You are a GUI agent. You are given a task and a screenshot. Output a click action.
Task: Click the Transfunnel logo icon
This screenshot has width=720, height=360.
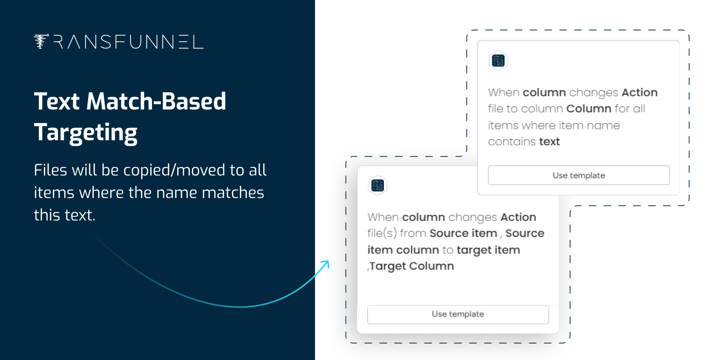point(41,42)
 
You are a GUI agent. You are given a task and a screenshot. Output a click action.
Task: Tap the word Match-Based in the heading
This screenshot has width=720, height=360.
point(156,101)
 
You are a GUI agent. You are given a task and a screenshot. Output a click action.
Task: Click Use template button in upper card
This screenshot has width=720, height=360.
point(579,175)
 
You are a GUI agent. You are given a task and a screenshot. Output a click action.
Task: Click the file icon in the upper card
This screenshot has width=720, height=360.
point(498,60)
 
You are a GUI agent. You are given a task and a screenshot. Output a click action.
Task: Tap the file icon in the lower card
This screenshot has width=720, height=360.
point(378,185)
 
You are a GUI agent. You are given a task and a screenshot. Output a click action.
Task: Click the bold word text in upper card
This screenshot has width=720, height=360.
point(549,141)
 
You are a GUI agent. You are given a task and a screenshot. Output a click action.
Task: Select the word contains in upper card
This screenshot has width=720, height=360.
point(512,141)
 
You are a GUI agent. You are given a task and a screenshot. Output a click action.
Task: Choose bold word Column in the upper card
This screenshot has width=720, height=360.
point(589,108)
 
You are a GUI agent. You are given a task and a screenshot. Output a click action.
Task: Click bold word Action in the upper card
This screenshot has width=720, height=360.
point(640,92)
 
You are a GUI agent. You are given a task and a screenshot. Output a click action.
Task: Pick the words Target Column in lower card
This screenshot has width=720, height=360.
point(412,266)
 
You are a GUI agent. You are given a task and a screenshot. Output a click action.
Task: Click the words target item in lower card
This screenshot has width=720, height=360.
point(488,250)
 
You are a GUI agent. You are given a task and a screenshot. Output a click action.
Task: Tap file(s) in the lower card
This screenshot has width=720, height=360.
point(382,233)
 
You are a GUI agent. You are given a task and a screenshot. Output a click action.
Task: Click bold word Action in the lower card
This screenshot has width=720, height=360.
point(519,217)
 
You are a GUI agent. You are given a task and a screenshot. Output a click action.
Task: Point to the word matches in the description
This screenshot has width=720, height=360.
point(233,193)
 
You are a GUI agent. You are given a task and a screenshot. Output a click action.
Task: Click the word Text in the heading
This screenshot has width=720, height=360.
point(57,101)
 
